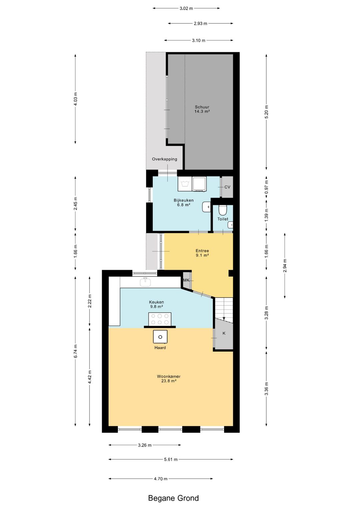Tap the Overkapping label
(164, 159)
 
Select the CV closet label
(227, 187)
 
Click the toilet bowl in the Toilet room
(223, 210)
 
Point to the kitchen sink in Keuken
(145, 282)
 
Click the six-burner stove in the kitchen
(160, 319)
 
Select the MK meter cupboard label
(186, 280)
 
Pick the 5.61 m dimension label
(171, 459)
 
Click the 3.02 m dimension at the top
(186, 8)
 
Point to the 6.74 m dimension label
(76, 351)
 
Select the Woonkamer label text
(169, 376)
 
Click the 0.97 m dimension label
(266, 187)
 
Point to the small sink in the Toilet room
(231, 225)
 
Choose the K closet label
(224, 333)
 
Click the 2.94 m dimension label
(285, 266)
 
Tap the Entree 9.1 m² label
(202, 253)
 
